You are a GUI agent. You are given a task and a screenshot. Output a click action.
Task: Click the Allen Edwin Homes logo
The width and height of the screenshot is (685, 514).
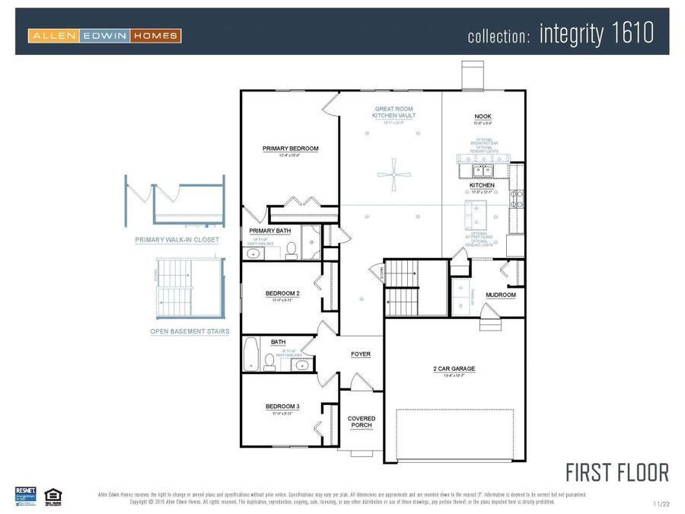104,35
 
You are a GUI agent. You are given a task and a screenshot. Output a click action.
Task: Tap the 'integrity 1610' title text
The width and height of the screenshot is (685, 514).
596,34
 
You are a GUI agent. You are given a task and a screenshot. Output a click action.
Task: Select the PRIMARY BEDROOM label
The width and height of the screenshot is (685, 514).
290,148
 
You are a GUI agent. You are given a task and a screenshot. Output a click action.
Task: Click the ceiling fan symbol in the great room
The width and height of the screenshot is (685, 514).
393,174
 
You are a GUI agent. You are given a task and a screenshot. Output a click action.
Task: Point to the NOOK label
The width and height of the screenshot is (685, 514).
483,117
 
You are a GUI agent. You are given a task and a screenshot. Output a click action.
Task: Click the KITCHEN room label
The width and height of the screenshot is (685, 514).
482,185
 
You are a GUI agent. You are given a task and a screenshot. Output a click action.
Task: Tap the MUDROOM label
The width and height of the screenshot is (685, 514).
501,295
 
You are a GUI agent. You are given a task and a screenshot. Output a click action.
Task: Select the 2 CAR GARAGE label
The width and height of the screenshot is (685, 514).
454,369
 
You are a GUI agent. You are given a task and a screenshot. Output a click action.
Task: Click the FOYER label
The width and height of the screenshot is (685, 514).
361,354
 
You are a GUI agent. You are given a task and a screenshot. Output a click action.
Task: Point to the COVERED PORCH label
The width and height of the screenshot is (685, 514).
362,422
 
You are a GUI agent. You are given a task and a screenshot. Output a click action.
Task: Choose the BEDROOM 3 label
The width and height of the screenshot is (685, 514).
282,407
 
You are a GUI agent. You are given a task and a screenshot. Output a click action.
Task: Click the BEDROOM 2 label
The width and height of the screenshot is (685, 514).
282,293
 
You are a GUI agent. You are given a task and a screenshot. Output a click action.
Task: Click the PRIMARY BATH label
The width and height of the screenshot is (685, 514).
269,230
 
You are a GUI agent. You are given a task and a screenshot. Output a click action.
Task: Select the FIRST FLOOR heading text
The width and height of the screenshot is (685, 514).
617,472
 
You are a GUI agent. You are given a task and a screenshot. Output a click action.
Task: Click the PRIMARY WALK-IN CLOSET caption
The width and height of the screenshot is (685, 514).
177,240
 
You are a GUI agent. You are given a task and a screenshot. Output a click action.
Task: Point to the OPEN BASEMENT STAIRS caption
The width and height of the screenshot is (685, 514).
190,331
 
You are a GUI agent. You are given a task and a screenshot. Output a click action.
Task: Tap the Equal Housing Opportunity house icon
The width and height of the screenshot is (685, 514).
53,495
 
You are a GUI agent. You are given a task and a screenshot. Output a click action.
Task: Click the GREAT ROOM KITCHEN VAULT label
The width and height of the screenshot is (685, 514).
393,112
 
